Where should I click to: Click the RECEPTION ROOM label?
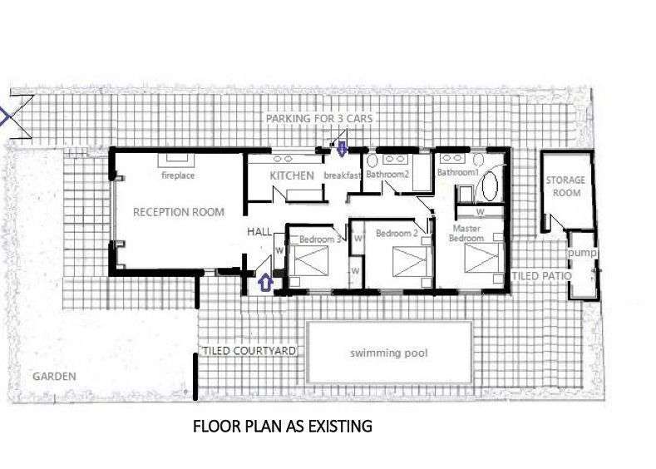(179, 212)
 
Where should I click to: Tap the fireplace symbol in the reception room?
(176, 159)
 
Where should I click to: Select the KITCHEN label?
(292, 175)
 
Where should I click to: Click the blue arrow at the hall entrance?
(266, 283)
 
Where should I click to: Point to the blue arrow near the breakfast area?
(342, 148)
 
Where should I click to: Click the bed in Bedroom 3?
(310, 261)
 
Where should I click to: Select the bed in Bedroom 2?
(409, 262)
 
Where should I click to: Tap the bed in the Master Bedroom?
(481, 258)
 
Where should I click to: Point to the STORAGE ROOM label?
(565, 186)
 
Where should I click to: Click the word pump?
(582, 253)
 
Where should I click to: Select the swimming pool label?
(389, 353)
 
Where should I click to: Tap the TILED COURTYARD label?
(249, 351)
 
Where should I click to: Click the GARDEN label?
(54, 377)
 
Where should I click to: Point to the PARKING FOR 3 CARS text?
(319, 119)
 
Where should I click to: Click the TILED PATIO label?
(542, 276)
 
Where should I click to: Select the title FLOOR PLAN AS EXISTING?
(283, 427)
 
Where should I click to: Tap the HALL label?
(259, 231)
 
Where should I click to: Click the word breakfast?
(343, 175)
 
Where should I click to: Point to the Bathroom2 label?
(387, 174)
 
